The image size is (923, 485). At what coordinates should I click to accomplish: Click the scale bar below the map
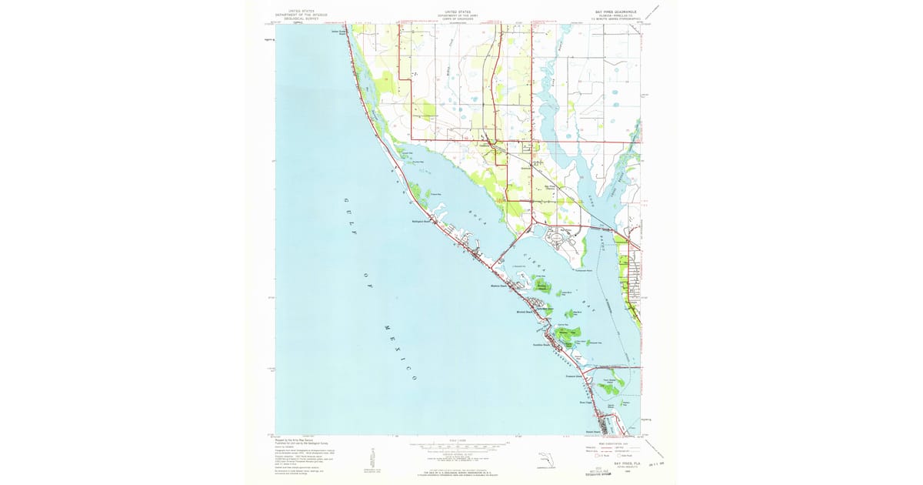coord(458,446)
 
